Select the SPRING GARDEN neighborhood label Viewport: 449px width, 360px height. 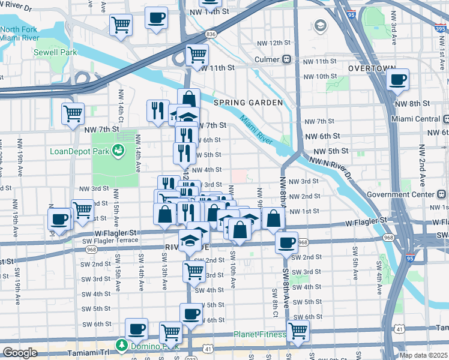247,103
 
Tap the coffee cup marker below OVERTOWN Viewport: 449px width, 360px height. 397,79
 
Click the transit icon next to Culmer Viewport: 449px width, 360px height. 287,59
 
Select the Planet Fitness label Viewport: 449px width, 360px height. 260,334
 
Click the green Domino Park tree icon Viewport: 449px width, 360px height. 121,346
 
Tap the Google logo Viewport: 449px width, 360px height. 20,353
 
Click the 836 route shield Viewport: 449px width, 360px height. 210,34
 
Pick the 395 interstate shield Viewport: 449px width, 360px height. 441,26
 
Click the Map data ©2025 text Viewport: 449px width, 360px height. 423,355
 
